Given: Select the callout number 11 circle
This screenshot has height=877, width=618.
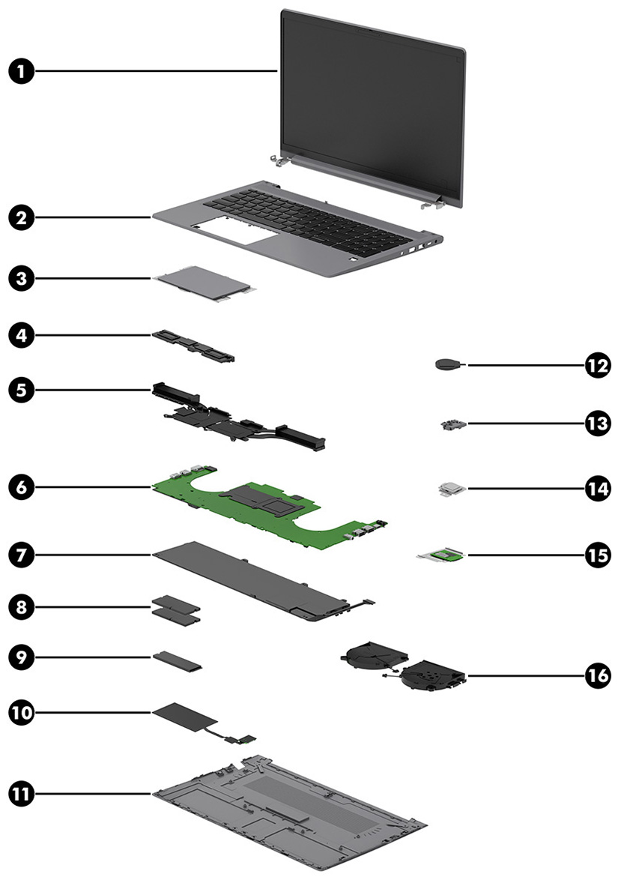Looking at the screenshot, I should pyautogui.click(x=22, y=792).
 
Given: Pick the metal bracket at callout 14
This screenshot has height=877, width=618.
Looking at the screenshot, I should pyautogui.click(x=452, y=489).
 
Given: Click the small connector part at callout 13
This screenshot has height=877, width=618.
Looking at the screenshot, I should pyautogui.click(x=450, y=424).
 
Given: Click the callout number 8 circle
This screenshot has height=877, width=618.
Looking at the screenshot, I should pyautogui.click(x=22, y=606).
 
